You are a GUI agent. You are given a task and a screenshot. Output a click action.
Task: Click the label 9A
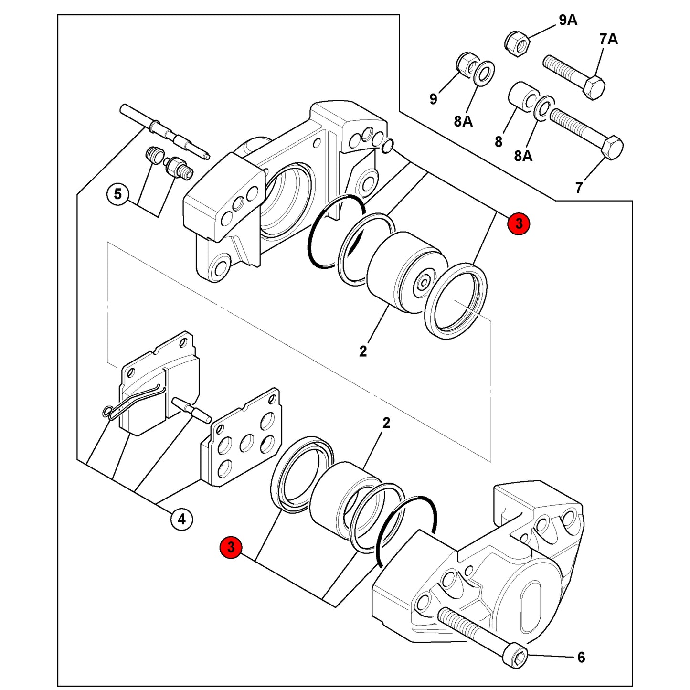[568, 21]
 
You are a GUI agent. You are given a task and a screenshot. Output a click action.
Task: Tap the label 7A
[608, 39]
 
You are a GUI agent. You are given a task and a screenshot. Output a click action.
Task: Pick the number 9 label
[434, 98]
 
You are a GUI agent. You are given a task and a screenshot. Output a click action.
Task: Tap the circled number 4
[182, 519]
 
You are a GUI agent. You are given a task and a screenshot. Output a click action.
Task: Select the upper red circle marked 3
[518, 224]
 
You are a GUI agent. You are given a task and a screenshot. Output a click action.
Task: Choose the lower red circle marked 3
[231, 548]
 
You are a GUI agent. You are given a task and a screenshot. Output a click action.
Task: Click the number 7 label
[579, 187]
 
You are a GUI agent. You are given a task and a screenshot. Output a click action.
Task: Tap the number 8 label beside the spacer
[499, 142]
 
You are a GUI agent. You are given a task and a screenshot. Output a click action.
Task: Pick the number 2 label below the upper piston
[363, 351]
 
